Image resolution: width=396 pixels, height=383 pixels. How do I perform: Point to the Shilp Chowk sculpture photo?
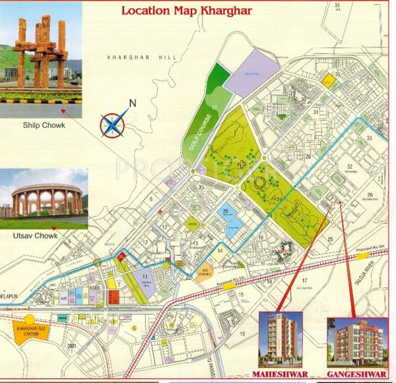[x=41, y=59]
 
